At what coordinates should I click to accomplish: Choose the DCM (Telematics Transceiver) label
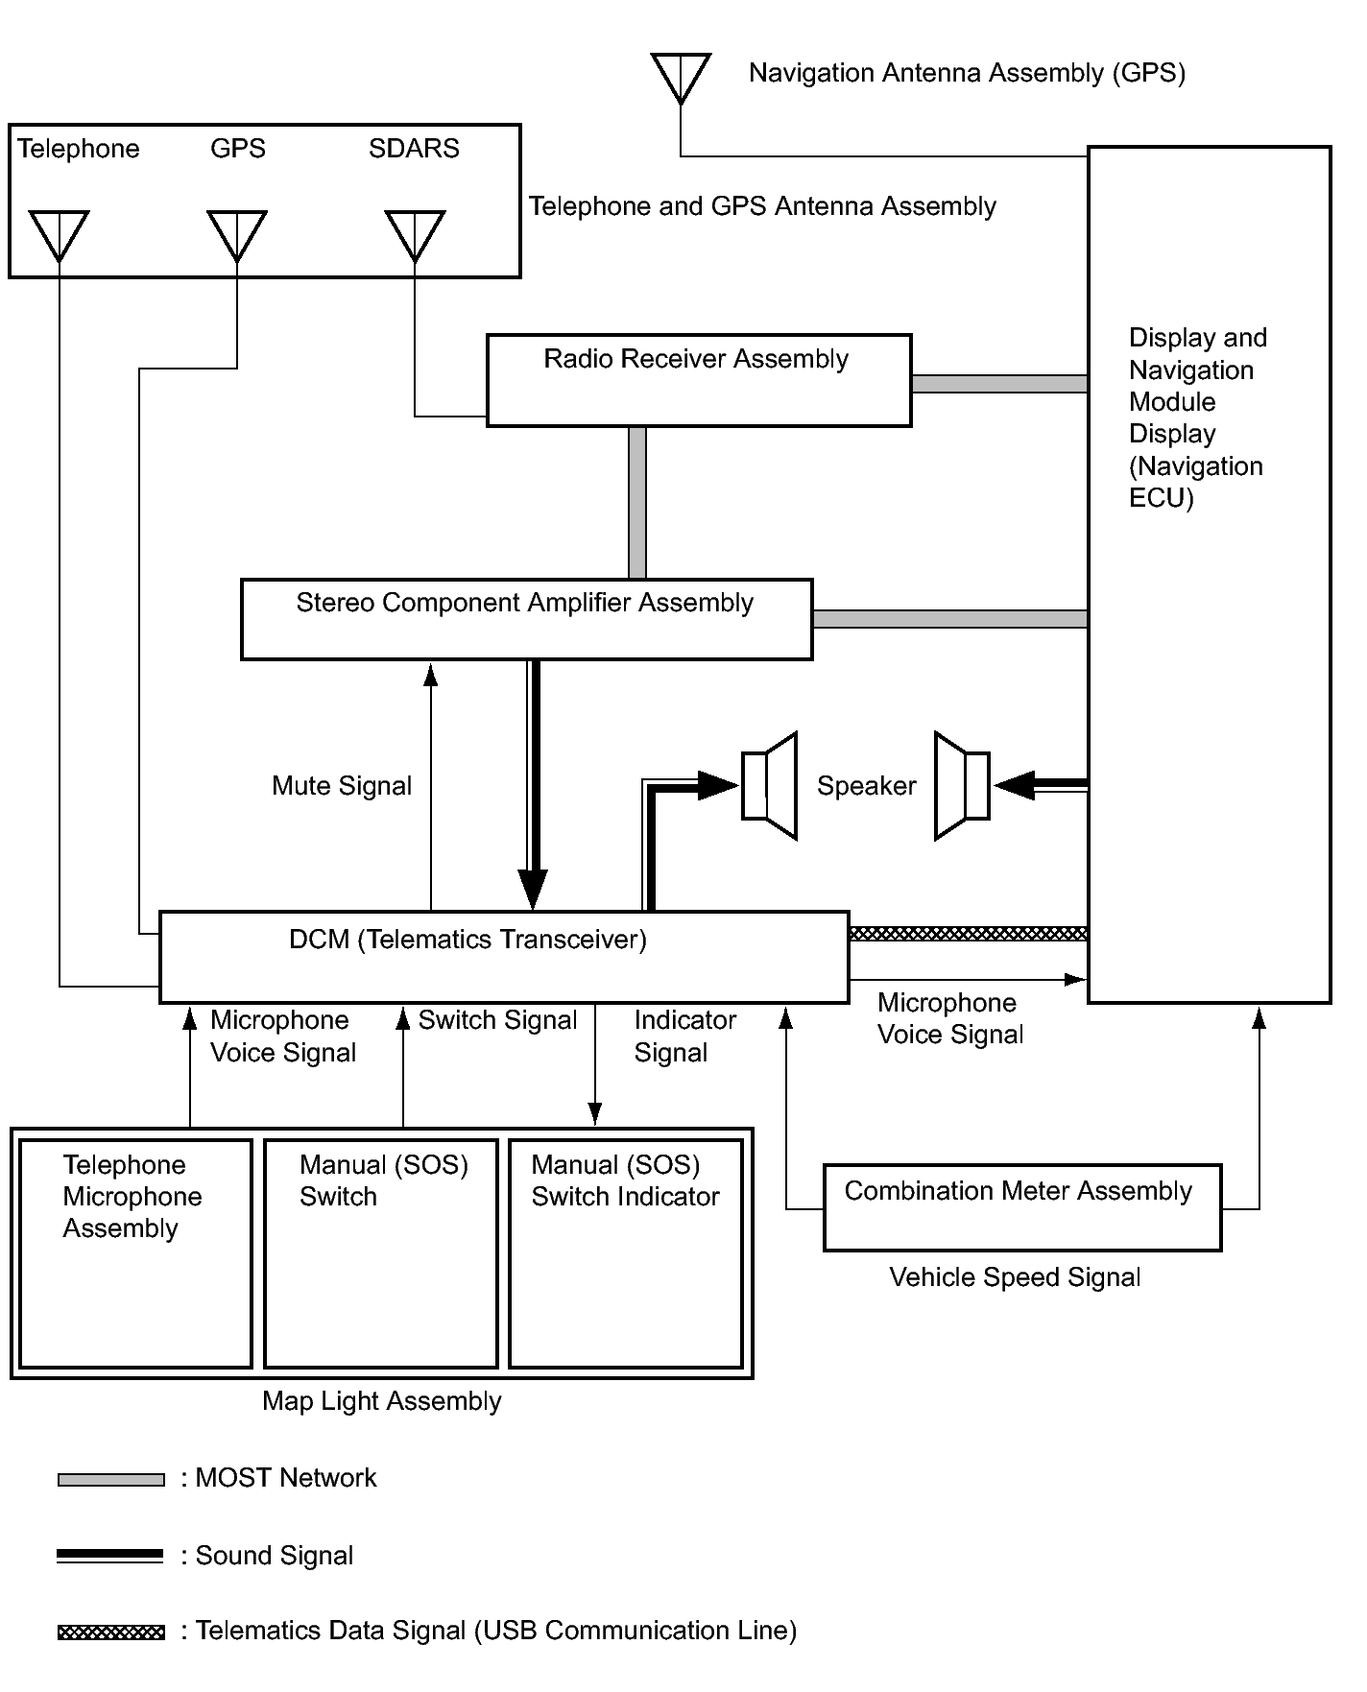(468, 940)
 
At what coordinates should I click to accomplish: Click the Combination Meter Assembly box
(1021, 1207)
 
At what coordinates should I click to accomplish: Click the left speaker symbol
(770, 786)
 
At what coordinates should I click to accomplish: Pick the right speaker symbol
(963, 786)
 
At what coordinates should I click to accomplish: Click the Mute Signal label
(342, 786)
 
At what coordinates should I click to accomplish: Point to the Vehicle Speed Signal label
(1015, 1277)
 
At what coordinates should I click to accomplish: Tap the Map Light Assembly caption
(381, 1401)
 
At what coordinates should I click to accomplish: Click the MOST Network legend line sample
(111, 1480)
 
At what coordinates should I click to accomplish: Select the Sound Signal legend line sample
(111, 1557)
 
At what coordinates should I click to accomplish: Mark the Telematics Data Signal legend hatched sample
(111, 1632)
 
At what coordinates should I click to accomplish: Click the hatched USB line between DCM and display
(968, 934)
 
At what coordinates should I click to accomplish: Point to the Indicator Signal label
(684, 1037)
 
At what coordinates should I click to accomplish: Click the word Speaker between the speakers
(866, 786)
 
